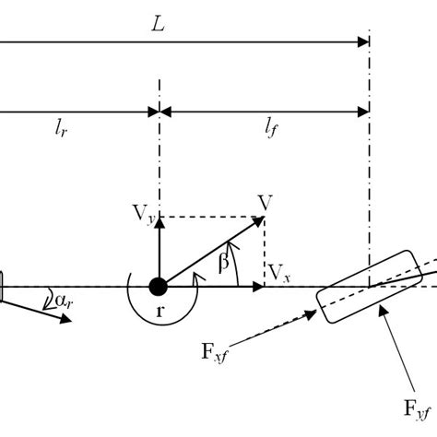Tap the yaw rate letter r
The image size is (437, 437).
[160, 312]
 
